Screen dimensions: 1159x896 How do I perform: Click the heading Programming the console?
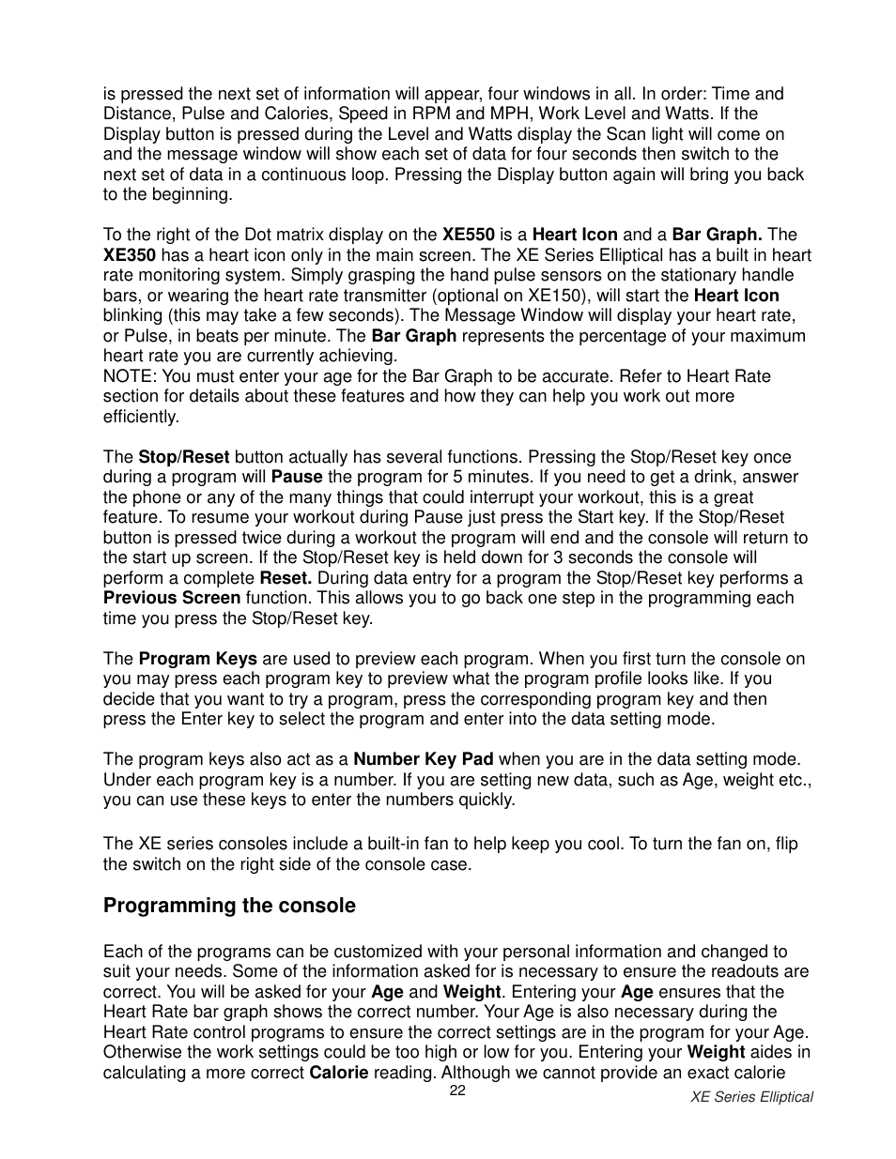(229, 906)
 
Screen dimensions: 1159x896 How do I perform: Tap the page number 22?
(457, 1090)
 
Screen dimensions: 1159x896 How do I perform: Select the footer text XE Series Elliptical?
(751, 1097)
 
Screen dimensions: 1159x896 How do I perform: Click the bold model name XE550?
(469, 235)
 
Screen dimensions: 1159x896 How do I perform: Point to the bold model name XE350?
(130, 255)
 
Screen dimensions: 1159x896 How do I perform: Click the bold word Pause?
(297, 477)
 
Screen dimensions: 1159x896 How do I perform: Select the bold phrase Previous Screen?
(172, 598)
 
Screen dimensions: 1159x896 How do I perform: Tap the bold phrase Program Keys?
(197, 659)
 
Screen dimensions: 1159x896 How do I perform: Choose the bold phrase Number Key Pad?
(424, 759)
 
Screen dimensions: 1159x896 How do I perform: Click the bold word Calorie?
(339, 1073)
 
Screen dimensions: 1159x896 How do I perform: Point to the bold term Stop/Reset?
(184, 457)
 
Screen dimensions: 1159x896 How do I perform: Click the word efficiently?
(141, 417)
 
